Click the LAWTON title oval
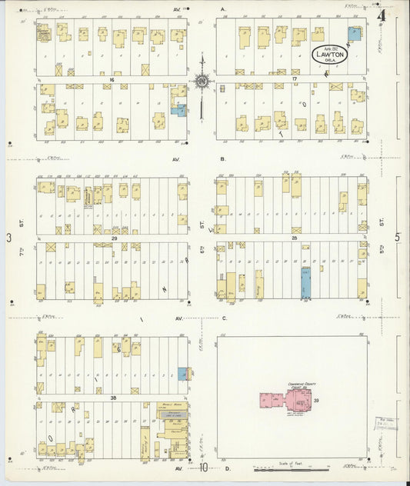pos(330,55)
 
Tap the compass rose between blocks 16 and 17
pos(202,82)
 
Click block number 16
pos(112,78)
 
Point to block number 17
pos(295,78)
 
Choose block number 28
pos(294,238)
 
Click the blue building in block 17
pos(354,34)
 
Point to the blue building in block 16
pos(178,110)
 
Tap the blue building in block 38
pos(183,374)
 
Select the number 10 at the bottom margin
pos(203,468)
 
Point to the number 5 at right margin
pos(398,238)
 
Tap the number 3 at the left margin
pos(8,238)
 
